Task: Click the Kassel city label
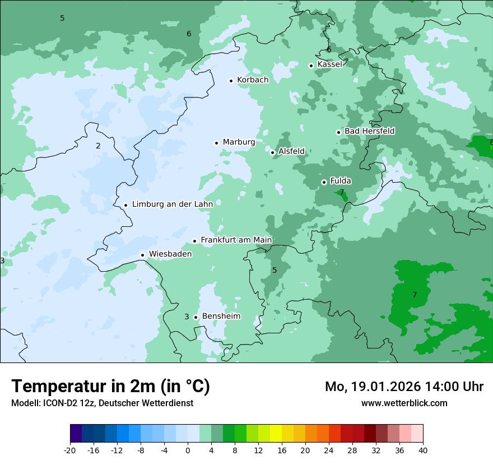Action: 329,64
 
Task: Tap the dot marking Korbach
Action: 231,81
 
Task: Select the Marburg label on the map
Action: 239,142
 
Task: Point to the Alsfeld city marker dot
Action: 272,152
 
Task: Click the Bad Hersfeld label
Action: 369,131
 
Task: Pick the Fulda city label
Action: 341,181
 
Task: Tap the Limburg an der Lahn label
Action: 172,204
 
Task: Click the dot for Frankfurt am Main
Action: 195,241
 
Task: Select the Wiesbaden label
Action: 170,254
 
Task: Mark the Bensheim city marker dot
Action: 196,318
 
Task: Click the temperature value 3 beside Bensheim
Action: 187,317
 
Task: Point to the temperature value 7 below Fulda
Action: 342,193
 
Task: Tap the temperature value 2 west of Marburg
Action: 98,146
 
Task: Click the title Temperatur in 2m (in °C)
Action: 110,387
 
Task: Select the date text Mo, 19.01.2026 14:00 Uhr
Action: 404,387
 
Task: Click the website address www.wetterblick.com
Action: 404,403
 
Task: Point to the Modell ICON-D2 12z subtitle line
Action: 102,403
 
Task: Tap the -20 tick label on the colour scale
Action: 70,450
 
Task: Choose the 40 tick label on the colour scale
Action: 423,450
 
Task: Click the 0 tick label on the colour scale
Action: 188,450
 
